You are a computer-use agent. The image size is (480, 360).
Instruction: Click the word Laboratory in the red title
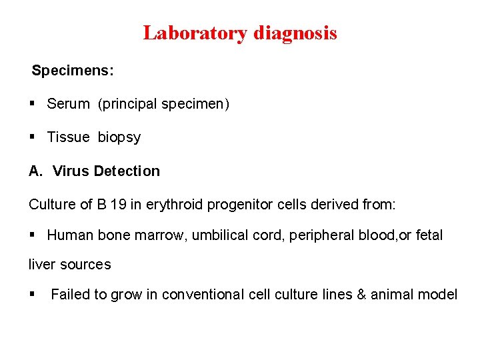[195, 33]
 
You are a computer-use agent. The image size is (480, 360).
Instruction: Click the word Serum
[68, 104]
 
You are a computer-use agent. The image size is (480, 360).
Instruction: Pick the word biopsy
[119, 137]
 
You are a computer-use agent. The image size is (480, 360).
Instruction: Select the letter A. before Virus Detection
[35, 171]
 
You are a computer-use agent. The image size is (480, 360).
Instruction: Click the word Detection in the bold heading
[127, 171]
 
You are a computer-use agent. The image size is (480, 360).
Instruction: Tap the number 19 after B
[119, 205]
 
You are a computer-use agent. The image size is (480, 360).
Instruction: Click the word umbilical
[219, 235]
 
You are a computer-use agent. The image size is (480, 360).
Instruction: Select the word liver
[42, 265]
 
